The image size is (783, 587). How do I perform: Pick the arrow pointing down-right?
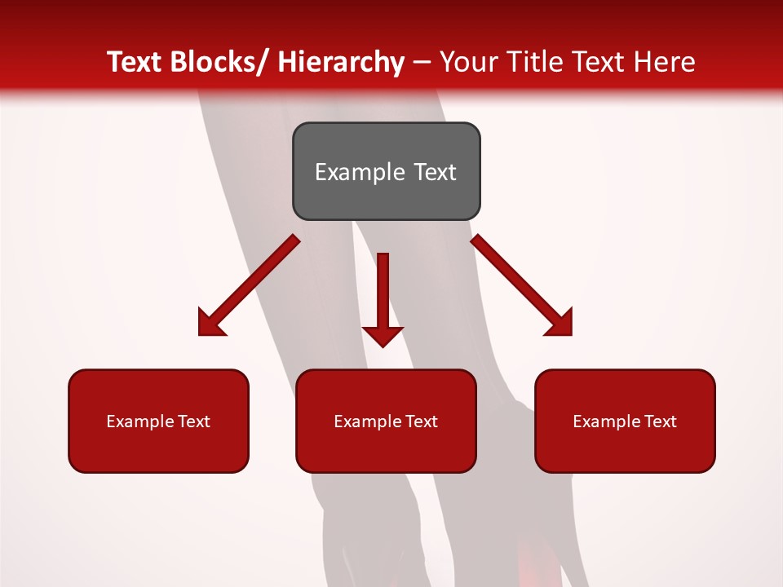[x=522, y=285]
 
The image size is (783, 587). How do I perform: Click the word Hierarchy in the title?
[x=341, y=62]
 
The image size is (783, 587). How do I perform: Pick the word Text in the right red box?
[x=660, y=421]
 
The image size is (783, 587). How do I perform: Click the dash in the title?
[x=422, y=62]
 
